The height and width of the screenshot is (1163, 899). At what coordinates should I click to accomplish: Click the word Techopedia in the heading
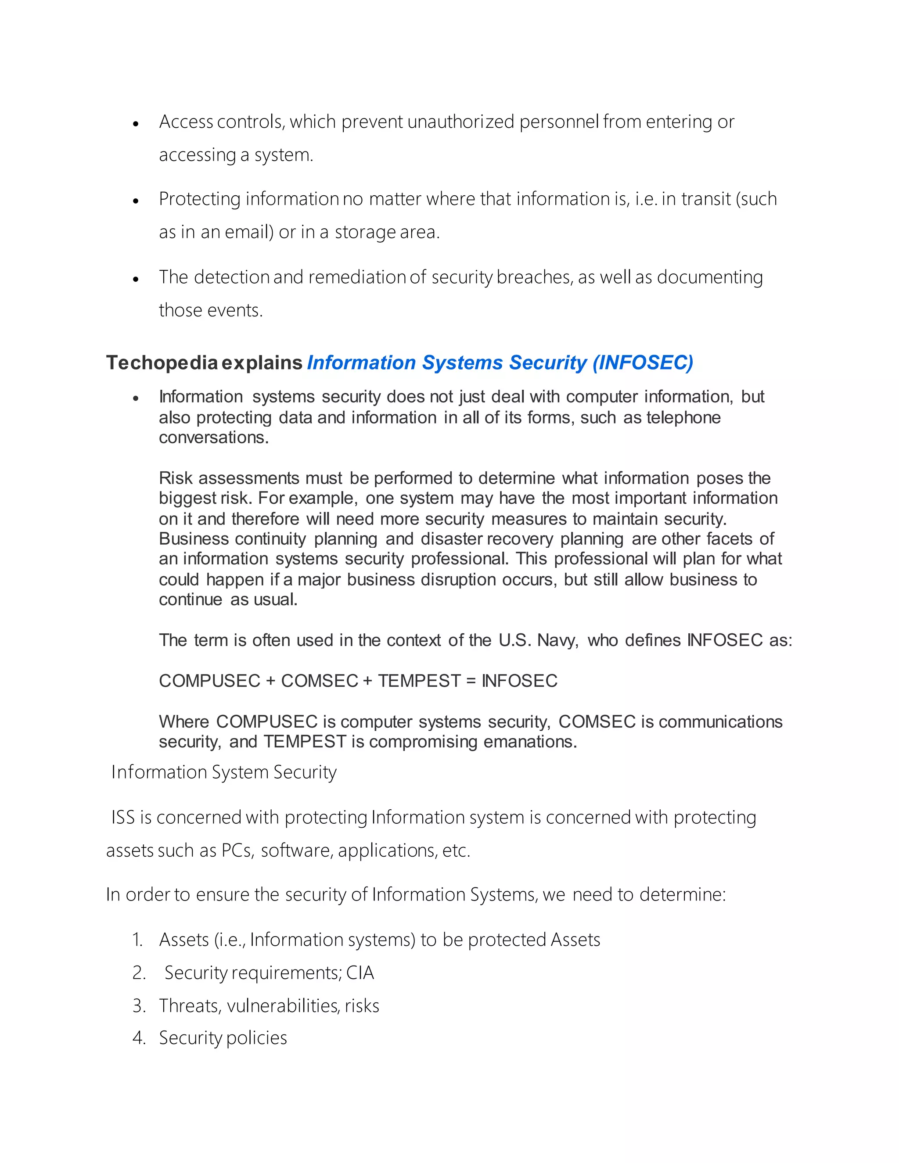162,363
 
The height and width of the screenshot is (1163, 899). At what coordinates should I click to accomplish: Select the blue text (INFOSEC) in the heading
643,363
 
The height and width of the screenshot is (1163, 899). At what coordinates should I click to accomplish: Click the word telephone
683,417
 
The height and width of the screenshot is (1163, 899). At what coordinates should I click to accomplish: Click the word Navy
557,640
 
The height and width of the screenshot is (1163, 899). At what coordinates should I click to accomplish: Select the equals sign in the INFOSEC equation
470,681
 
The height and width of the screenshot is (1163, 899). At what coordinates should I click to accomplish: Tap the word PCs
237,851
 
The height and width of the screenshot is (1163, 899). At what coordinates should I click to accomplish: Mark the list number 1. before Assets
137,940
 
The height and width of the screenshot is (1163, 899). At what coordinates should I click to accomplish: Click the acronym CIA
360,973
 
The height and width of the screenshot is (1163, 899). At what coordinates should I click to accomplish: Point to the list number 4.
138,1038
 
